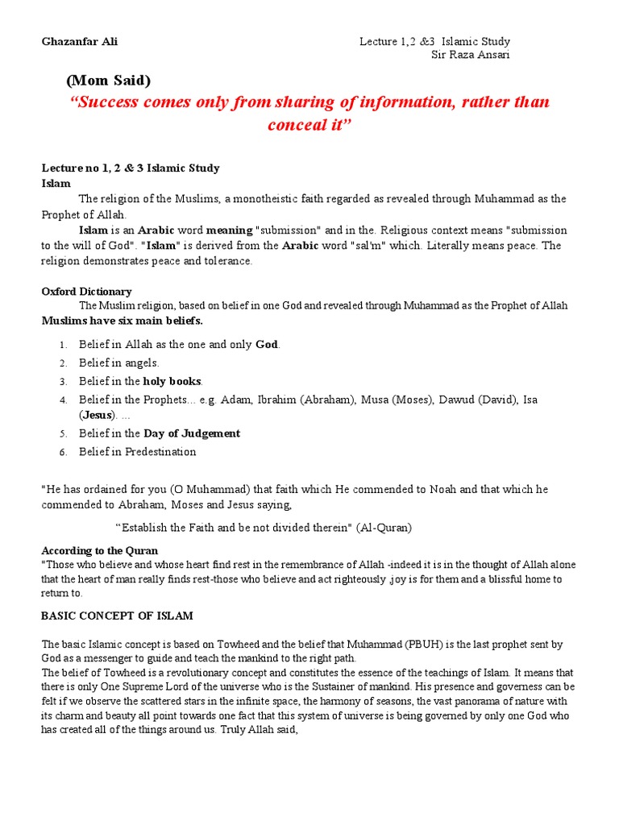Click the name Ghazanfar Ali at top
(x=73, y=41)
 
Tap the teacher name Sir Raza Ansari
(x=472, y=55)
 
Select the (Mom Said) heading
(x=108, y=81)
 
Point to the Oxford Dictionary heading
(x=86, y=292)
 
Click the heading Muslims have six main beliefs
(x=123, y=320)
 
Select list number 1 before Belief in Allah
(x=63, y=345)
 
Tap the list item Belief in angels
(x=119, y=363)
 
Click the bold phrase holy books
(x=172, y=381)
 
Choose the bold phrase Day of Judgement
(x=192, y=433)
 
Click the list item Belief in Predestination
(x=137, y=452)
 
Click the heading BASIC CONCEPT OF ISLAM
(x=117, y=616)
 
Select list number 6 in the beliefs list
(x=63, y=452)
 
